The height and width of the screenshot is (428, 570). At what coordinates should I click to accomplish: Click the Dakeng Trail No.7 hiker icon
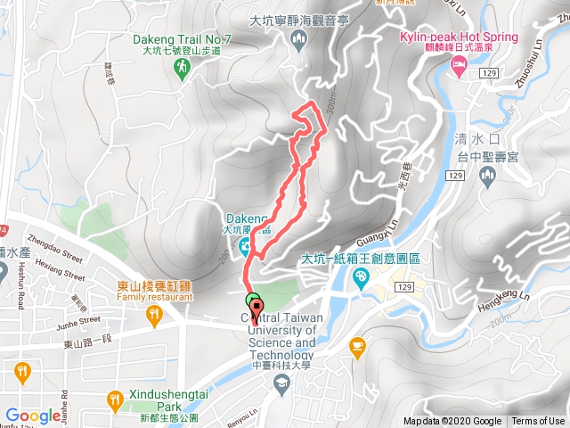pos(182,67)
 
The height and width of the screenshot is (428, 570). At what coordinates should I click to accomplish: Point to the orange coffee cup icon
pos(357,344)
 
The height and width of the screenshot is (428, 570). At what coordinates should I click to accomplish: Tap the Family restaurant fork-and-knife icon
pos(155,313)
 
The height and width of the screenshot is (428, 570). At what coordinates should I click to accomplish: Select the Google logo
pos(33,415)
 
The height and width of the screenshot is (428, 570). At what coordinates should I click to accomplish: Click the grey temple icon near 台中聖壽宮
pos(486,177)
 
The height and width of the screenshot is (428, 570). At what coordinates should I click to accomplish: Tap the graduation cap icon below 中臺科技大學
pos(281,383)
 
